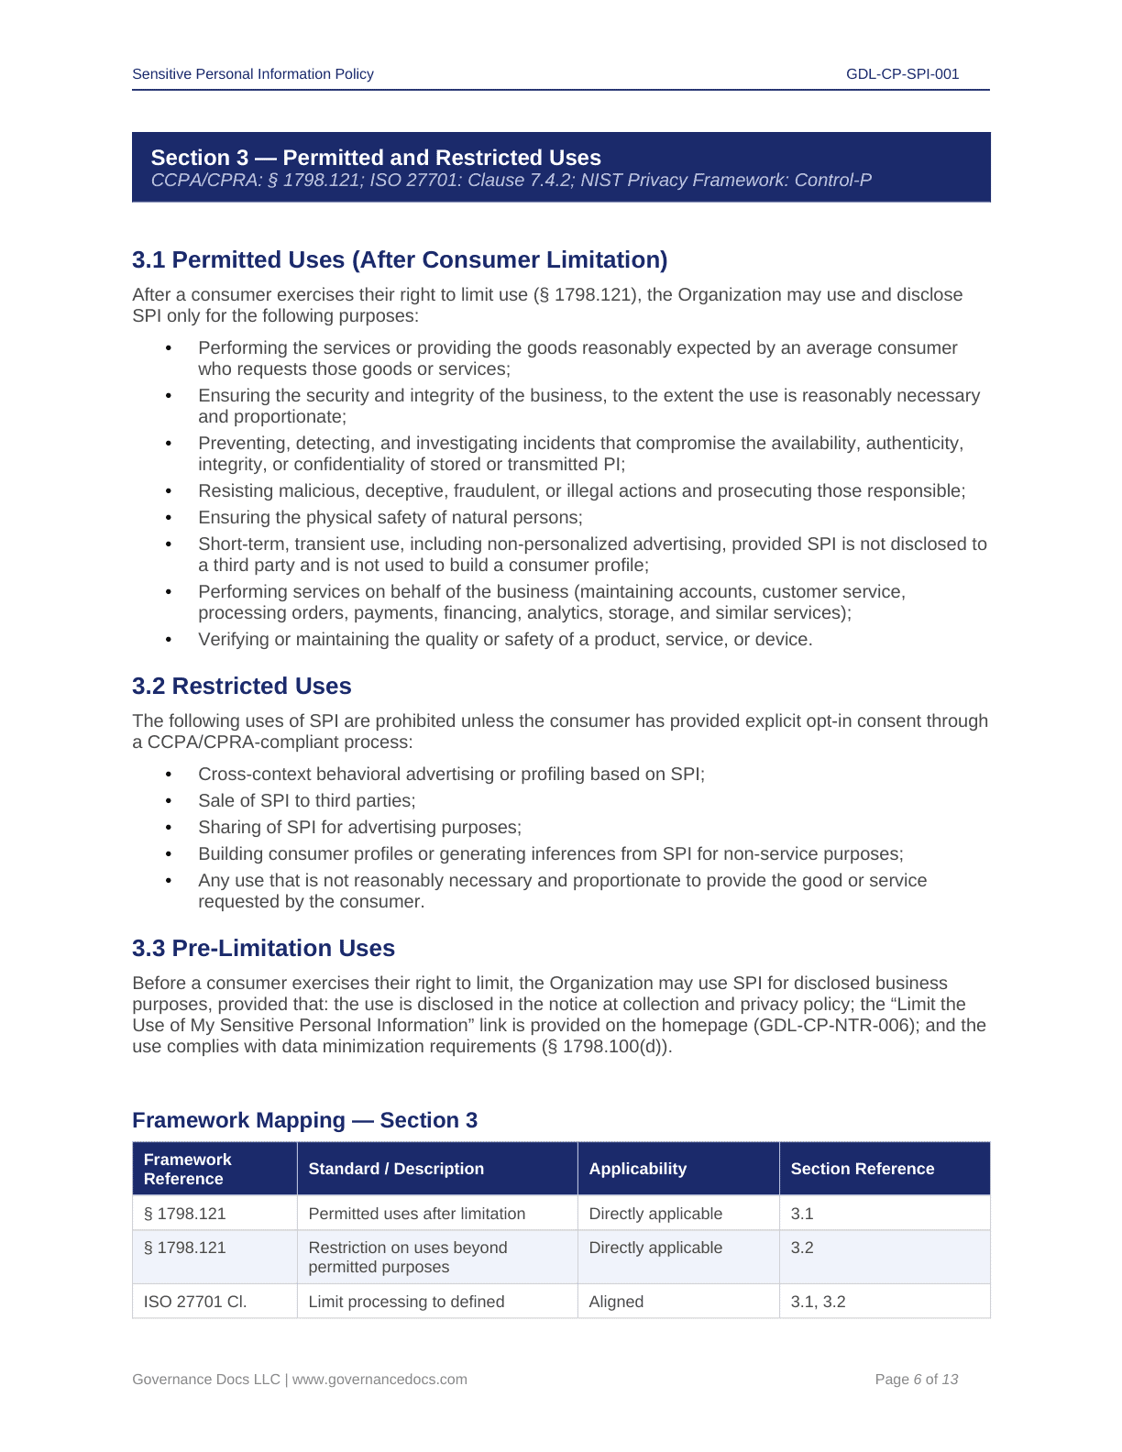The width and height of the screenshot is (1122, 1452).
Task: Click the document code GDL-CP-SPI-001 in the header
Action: click(902, 74)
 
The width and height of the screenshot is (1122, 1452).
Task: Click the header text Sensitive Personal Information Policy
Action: click(253, 74)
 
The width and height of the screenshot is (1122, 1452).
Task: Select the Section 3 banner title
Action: click(376, 158)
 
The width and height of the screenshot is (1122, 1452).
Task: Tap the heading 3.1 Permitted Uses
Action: click(400, 260)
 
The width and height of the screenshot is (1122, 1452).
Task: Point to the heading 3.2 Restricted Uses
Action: click(242, 687)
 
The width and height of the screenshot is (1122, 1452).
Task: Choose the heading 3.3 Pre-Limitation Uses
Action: click(264, 949)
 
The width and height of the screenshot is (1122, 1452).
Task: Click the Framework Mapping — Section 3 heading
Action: click(304, 1121)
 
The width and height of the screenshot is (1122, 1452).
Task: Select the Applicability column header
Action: click(638, 1169)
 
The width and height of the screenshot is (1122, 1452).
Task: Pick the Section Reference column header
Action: click(863, 1169)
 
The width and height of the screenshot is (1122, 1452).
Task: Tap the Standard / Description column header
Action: click(396, 1169)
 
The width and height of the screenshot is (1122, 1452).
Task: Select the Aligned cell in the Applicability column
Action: click(616, 1302)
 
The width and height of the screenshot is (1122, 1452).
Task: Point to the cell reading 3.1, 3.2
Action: click(818, 1302)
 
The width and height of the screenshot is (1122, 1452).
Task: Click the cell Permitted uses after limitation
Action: click(417, 1214)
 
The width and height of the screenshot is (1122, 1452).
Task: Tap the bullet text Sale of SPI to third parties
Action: click(307, 801)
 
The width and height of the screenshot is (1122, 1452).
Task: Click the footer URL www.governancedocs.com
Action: click(379, 1380)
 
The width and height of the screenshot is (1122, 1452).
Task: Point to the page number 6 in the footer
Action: click(918, 1380)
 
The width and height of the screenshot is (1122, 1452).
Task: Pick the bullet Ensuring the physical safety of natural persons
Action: click(390, 518)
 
